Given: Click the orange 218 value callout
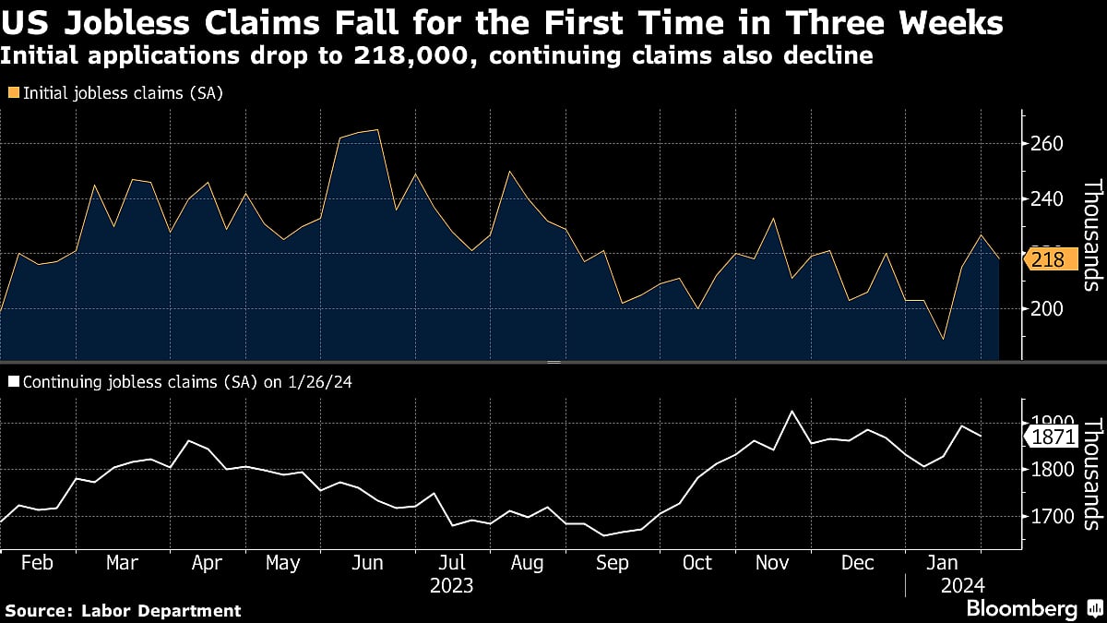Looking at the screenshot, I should point(1049,260).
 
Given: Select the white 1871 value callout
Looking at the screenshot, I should point(1053,436).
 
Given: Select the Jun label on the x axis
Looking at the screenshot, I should point(368,562).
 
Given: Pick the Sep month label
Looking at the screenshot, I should point(613,562).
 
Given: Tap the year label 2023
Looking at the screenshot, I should point(451,585).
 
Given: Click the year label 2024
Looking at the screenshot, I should point(963,585).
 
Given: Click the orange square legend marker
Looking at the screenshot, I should point(13,92).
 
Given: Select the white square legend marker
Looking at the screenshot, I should point(13,380).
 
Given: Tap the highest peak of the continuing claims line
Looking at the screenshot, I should point(791,411).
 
